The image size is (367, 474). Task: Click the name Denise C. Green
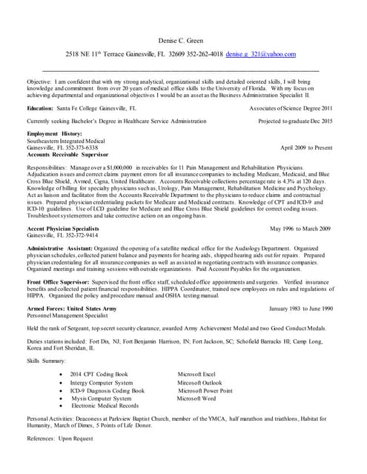(183, 39)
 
